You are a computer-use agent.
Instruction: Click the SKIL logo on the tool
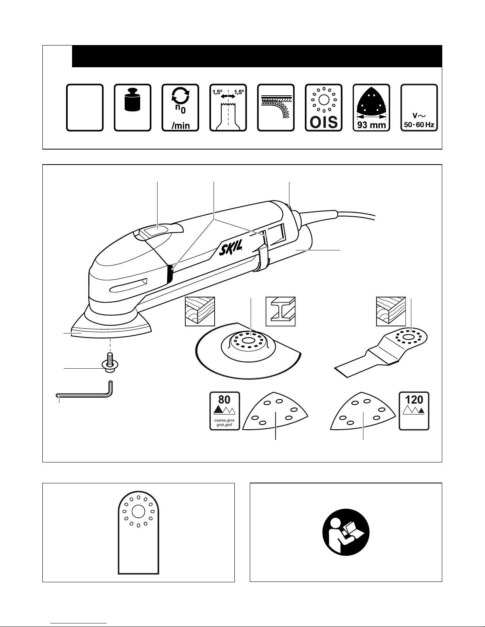point(230,247)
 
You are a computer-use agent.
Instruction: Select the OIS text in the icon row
point(323,122)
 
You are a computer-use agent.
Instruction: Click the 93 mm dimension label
point(371,125)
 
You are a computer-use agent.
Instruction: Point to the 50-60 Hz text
point(419,125)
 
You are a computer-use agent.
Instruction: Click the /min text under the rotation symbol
point(181,125)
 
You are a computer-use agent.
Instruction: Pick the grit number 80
point(224,400)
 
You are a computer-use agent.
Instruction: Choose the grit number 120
point(414,400)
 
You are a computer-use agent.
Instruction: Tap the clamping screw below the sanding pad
point(110,362)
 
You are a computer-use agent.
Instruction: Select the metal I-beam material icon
point(280,311)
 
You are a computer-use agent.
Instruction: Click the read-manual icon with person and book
point(346,532)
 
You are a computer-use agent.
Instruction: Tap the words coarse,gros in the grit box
point(224,421)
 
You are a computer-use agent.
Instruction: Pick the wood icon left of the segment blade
point(200,311)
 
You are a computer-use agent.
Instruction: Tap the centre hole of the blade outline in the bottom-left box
point(138,511)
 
